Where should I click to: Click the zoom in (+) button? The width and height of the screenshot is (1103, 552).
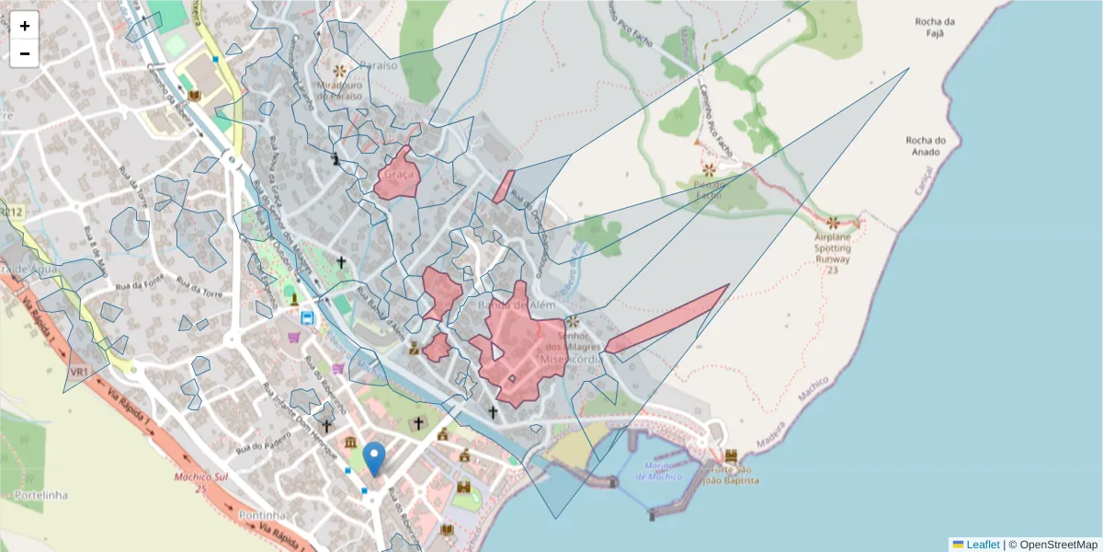coord(25,26)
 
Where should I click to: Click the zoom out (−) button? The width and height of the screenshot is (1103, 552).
coord(25,53)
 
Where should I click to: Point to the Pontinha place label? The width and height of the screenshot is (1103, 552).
coord(262,515)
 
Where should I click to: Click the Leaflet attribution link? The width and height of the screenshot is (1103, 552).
coord(983,545)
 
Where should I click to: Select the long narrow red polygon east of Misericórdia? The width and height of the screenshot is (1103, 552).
coord(666,318)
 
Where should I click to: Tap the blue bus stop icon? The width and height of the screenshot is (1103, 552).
coord(307,318)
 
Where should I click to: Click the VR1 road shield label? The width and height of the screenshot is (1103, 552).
coord(78,372)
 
